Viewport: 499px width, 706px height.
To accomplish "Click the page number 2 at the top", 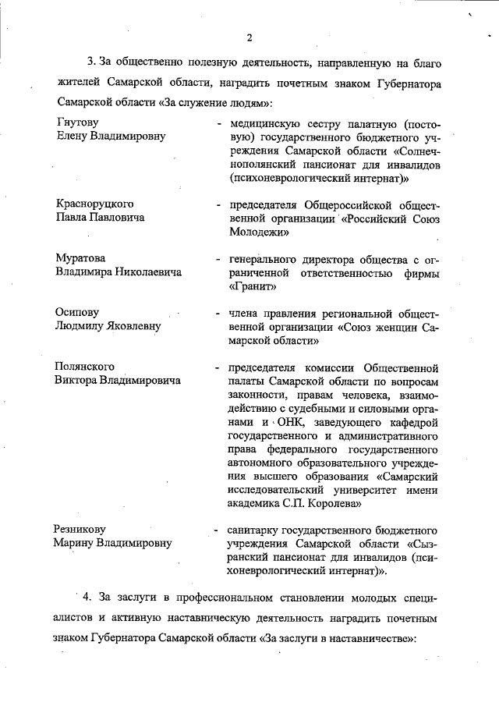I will click(249, 37).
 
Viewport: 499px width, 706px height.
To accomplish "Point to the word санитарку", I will click(255, 529).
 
